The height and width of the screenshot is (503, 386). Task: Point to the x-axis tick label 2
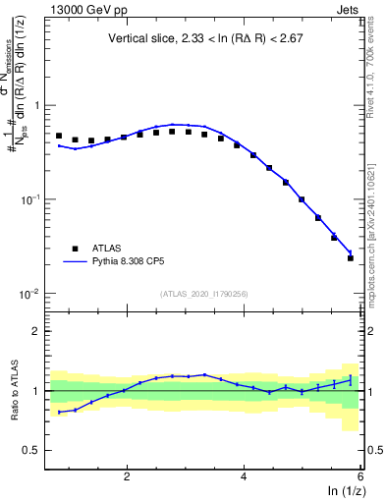coord(127,476)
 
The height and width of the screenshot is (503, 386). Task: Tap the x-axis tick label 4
coord(244,476)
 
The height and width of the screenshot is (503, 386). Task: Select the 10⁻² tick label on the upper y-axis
coord(30,295)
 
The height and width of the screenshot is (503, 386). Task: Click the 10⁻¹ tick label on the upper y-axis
coord(30,199)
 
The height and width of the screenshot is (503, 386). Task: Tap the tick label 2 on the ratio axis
coord(35,331)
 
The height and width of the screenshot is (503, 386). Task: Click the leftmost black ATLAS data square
coord(59,136)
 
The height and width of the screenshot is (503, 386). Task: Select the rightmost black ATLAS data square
coord(351,258)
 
